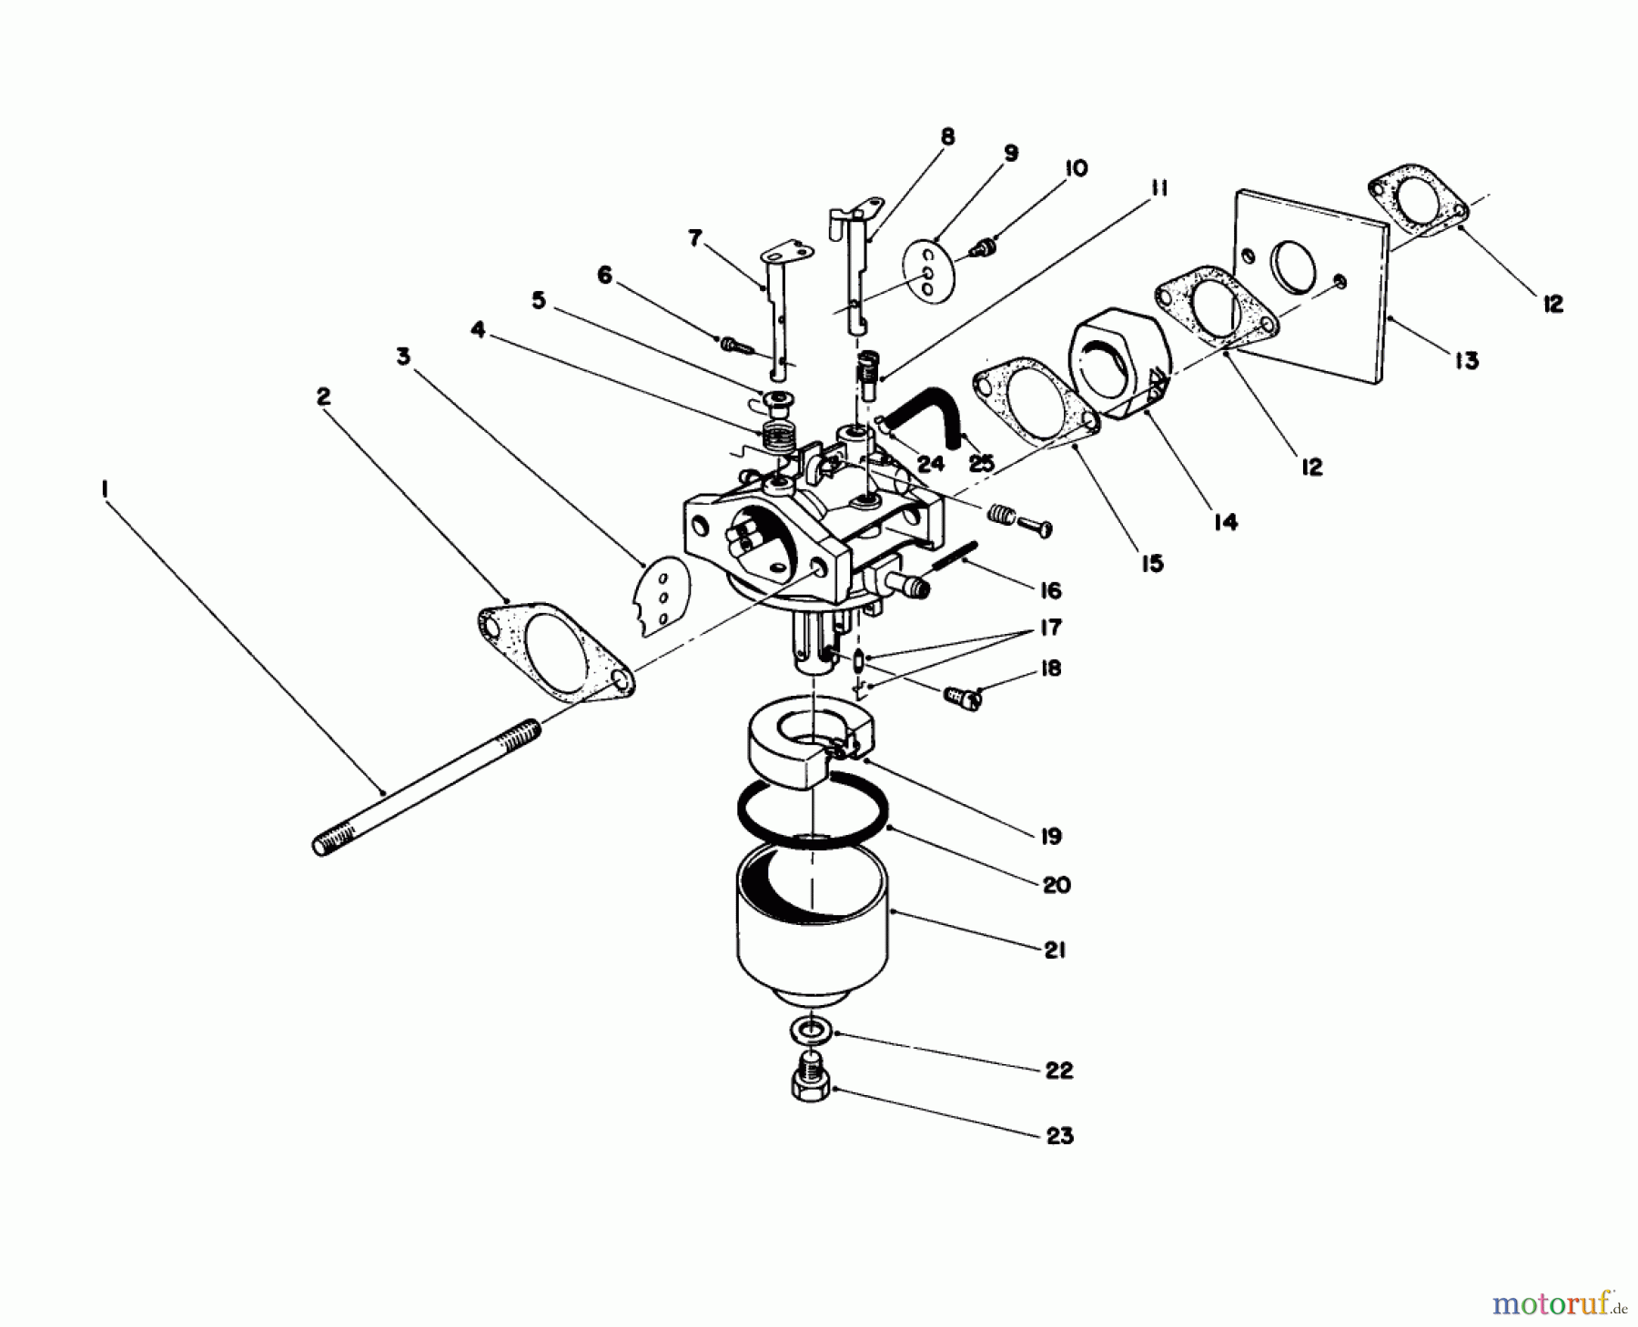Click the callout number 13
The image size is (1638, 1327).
point(1465,360)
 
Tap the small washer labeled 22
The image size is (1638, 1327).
point(808,1032)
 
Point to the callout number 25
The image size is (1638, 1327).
point(981,464)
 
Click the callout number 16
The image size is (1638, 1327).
point(1050,591)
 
